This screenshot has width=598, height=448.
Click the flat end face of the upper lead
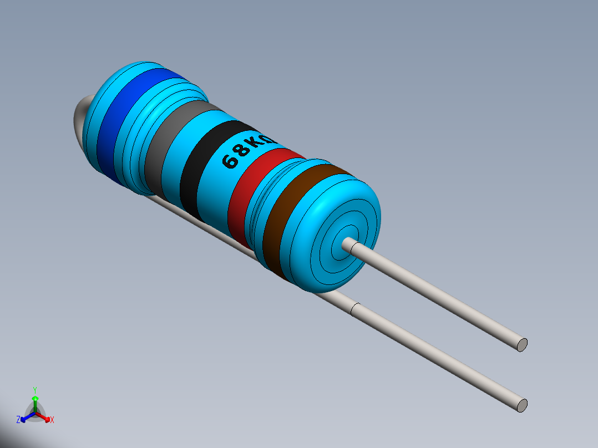[521, 344]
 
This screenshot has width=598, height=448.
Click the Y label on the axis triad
[34, 390]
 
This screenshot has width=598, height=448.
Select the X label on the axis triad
[52, 420]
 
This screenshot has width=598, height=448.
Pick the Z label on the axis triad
[18, 420]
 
